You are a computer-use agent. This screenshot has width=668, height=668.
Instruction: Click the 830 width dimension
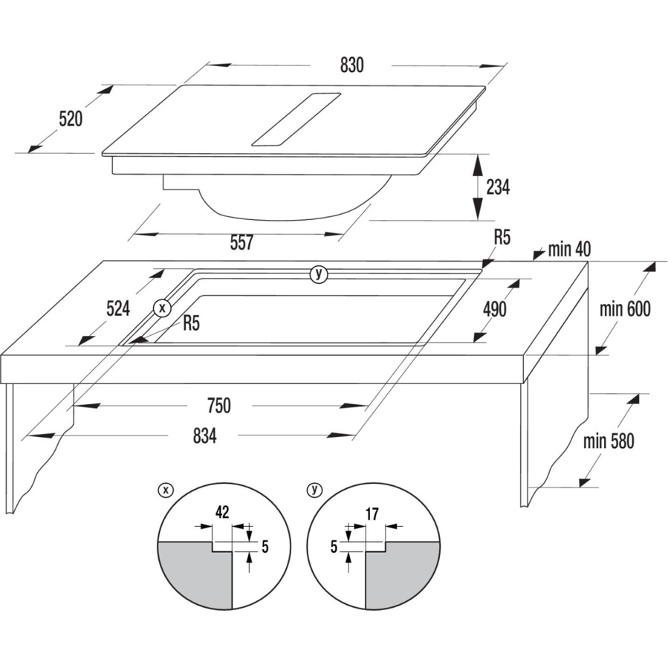[352, 65]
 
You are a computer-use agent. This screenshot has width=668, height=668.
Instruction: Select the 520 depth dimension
[71, 118]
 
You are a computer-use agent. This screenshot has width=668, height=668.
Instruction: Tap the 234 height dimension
[498, 187]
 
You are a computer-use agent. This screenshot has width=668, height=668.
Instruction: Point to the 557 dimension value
[241, 242]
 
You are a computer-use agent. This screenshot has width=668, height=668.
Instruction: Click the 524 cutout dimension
[118, 308]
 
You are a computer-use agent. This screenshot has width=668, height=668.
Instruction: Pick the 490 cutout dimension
[494, 309]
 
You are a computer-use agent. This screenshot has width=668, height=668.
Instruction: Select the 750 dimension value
[219, 406]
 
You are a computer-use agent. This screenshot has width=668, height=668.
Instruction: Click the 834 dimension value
[205, 435]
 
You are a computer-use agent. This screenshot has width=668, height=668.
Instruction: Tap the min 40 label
[570, 250]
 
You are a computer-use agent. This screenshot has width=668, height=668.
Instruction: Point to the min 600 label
[625, 309]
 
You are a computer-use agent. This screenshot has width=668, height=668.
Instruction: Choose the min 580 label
[609, 441]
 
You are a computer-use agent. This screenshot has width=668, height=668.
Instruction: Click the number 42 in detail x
[222, 512]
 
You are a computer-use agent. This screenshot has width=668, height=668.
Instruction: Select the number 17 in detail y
[372, 514]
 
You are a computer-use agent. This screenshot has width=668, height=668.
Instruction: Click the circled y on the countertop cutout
[319, 274]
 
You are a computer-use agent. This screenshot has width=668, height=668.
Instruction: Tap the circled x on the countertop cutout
[162, 308]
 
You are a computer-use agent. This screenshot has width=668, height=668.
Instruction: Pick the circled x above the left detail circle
[166, 490]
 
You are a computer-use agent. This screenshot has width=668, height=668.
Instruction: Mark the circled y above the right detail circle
[314, 490]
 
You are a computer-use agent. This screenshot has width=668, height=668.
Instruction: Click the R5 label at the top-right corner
[502, 237]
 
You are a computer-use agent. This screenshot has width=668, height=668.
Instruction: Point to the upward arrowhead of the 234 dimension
[479, 163]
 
